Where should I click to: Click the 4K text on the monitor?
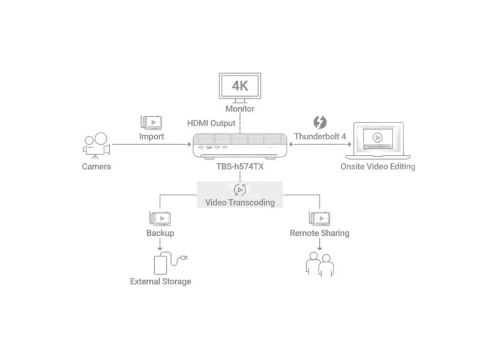tap(240, 86)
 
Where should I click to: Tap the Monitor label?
tap(240, 109)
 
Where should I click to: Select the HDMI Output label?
tap(211, 123)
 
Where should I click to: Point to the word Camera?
tap(97, 167)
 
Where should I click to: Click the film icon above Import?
tap(151, 122)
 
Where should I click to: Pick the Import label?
tap(152, 137)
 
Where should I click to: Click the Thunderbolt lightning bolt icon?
tap(320, 122)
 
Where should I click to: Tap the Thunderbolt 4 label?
tap(320, 137)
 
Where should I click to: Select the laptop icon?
tap(378, 141)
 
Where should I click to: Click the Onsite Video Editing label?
tap(378, 167)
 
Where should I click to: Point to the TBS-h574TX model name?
tap(240, 167)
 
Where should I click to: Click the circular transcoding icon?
tap(240, 190)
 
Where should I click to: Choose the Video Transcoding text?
tap(240, 202)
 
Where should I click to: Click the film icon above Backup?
tap(160, 218)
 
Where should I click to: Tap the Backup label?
tap(160, 233)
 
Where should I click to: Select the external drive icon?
tap(170, 263)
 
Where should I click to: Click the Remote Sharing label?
tap(320, 233)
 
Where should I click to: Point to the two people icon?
tap(320, 264)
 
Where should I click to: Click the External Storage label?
tap(160, 281)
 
